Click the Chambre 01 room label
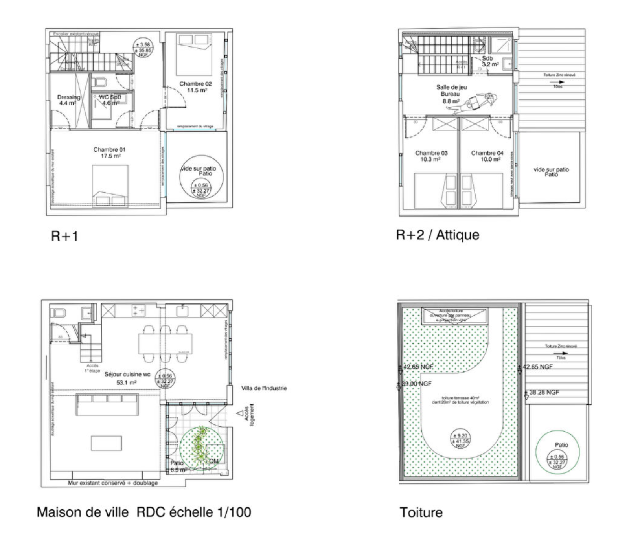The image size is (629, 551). pyautogui.click(x=109, y=152)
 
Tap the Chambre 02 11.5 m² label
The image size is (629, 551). pyautogui.click(x=195, y=87)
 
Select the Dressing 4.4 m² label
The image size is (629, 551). pyautogui.click(x=68, y=100)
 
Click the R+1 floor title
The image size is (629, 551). pyautogui.click(x=65, y=236)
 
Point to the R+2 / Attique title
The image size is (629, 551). pyautogui.click(x=438, y=235)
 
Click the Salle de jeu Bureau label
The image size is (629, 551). pyautogui.click(x=451, y=94)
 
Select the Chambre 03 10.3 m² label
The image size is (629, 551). pyautogui.click(x=431, y=156)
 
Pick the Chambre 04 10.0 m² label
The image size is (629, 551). pyautogui.click(x=487, y=156)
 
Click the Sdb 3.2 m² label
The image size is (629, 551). pyautogui.click(x=489, y=61)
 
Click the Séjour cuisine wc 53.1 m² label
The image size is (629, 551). pyautogui.click(x=127, y=378)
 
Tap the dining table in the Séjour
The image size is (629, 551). pyautogui.click(x=166, y=343)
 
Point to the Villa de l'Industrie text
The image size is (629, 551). pyautogui.click(x=264, y=388)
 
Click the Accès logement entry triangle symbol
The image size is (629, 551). pyautogui.click(x=240, y=413)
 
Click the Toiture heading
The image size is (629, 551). pyautogui.click(x=421, y=512)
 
